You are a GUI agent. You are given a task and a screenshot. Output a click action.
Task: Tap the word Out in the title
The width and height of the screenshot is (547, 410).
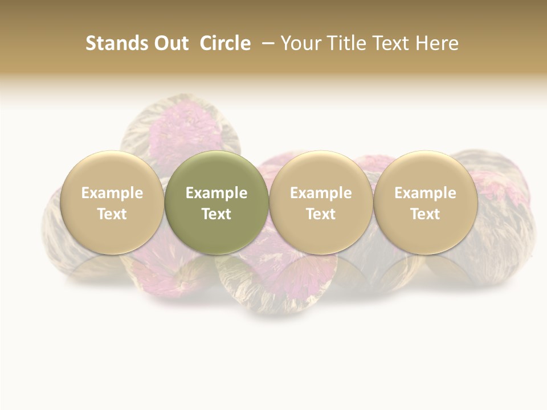point(170,43)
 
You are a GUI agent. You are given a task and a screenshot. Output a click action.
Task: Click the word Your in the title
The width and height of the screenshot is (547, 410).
point(299,43)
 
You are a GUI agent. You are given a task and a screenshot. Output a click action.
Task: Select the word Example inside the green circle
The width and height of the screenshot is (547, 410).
point(217,193)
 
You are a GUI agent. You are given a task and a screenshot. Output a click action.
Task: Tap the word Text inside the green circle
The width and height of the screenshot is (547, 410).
point(217,214)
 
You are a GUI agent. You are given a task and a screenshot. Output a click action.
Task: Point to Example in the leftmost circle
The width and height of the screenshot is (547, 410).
point(112,193)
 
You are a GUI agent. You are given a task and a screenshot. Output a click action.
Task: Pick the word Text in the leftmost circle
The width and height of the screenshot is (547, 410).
point(112,214)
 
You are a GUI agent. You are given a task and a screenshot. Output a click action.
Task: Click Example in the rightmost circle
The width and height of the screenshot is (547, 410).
point(425,193)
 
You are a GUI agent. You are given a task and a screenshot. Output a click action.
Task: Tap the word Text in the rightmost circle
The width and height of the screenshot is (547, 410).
point(425,214)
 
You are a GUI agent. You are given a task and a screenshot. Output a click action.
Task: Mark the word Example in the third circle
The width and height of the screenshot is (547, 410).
point(321,193)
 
